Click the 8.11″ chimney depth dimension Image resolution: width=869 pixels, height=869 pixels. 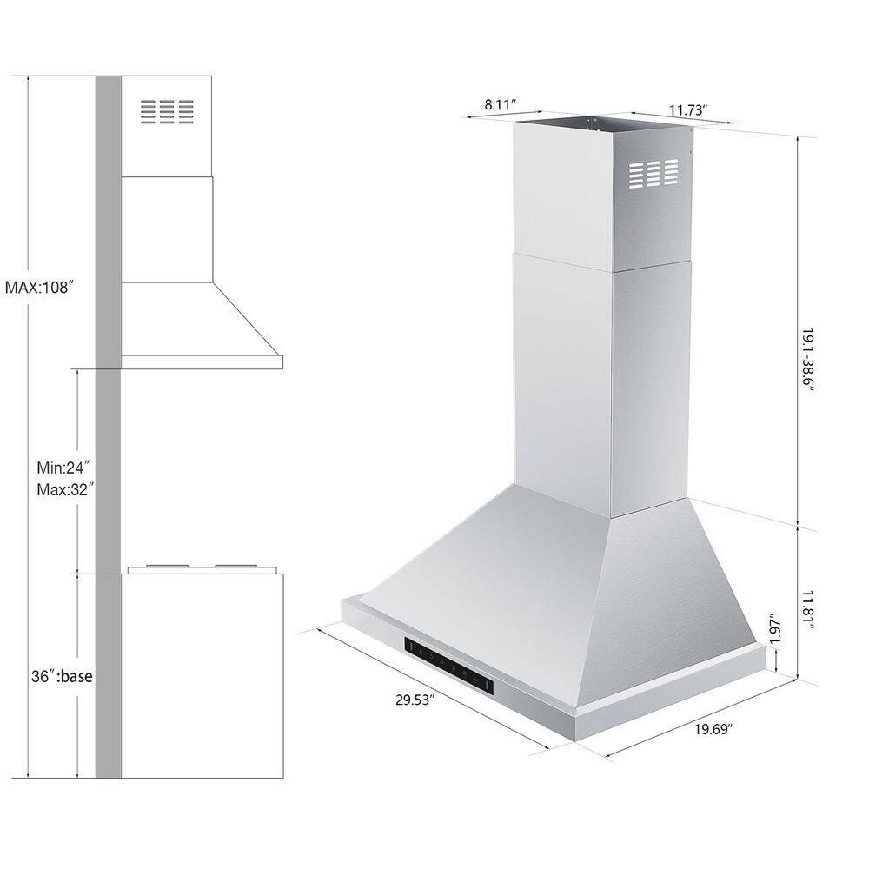click(x=501, y=104)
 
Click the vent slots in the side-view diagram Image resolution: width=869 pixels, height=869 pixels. click(x=166, y=111)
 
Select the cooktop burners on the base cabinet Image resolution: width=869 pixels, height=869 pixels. click(x=202, y=568)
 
